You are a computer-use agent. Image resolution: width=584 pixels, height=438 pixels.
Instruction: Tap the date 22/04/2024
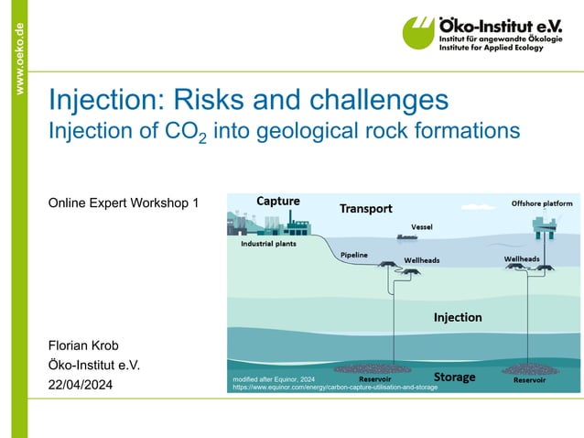tap(81, 386)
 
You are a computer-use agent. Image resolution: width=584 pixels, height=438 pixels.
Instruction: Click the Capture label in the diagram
tap(277, 201)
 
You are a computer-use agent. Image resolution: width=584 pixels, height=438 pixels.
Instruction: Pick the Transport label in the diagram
tap(366, 208)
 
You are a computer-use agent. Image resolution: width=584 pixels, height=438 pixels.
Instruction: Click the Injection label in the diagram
tap(457, 317)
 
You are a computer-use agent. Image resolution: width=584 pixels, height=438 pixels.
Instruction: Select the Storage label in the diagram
tap(454, 377)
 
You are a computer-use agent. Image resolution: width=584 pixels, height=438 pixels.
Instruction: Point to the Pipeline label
tap(354, 254)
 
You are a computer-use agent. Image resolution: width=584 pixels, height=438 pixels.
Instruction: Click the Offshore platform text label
tap(542, 203)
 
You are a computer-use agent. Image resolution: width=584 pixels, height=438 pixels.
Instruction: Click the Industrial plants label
tap(267, 245)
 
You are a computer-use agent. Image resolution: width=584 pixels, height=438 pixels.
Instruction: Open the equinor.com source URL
tap(335, 388)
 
